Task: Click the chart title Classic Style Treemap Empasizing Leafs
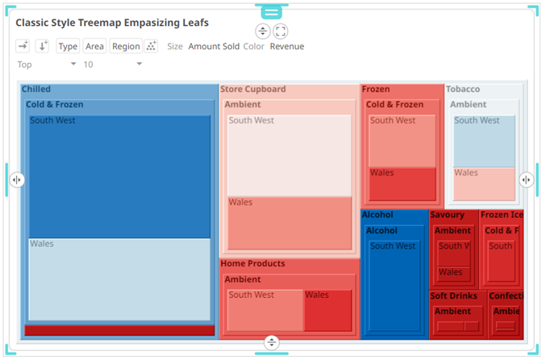click(112, 23)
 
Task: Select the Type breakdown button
click(68, 47)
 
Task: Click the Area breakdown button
click(94, 47)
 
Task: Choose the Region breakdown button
click(126, 47)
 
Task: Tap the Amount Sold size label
click(214, 47)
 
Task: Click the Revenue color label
click(287, 47)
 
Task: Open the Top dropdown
click(47, 65)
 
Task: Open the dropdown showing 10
click(113, 65)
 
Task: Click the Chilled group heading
click(36, 90)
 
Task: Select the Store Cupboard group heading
click(253, 90)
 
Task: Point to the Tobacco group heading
click(463, 90)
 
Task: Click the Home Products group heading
click(252, 264)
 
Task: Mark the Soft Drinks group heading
click(453, 296)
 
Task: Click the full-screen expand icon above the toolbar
click(281, 31)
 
